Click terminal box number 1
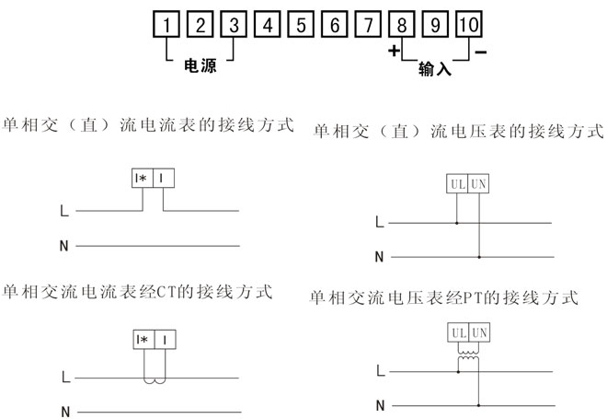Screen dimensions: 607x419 (x=166, y=25)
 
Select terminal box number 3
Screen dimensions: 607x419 (x=234, y=25)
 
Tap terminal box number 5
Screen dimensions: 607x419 (x=301, y=25)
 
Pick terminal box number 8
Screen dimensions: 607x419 (x=402, y=25)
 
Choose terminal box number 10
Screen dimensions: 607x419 (x=469, y=25)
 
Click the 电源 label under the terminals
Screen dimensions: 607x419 (x=200, y=66)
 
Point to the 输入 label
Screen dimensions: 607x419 (x=435, y=69)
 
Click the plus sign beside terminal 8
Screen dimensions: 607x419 (x=394, y=51)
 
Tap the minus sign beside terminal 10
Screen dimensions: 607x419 (x=481, y=52)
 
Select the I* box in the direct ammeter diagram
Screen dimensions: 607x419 (x=143, y=179)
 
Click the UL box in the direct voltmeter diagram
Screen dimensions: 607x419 (x=457, y=184)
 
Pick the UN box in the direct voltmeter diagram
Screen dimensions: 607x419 (x=478, y=184)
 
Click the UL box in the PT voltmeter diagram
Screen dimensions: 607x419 (x=459, y=332)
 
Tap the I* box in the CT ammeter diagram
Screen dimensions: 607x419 (x=144, y=340)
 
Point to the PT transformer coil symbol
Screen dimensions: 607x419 (x=468, y=355)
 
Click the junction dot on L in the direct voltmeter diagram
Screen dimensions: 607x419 (x=457, y=223)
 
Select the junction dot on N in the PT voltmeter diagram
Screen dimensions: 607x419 (x=479, y=405)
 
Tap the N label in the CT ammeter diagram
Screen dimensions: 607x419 (x=65, y=412)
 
